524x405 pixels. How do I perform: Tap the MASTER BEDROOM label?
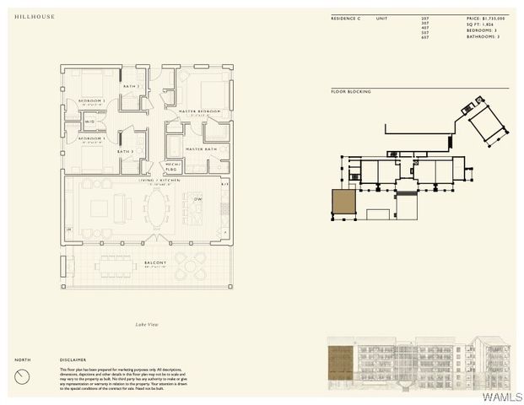198,111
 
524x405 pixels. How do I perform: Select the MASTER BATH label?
202,148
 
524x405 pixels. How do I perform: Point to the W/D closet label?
89,121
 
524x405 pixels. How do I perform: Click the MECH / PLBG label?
172,166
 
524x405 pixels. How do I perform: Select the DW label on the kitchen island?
198,199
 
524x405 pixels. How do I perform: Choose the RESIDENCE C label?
346,18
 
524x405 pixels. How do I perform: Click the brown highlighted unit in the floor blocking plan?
343,202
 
